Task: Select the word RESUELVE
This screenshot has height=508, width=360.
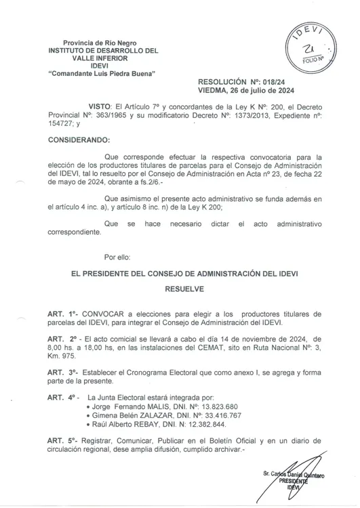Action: (186, 288)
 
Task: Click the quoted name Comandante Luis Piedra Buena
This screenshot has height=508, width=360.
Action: (98, 72)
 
